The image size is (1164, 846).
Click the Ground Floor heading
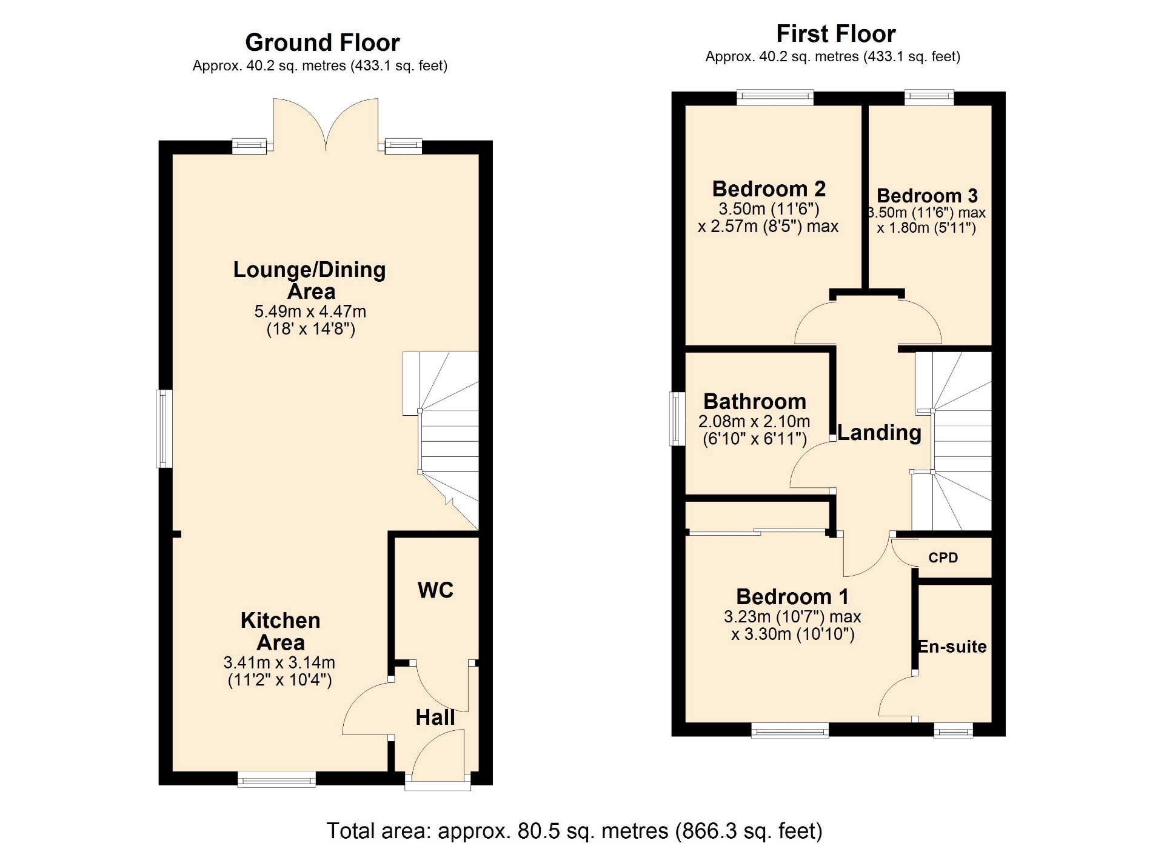click(x=323, y=42)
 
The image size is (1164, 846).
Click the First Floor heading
click(x=836, y=33)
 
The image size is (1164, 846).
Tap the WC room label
click(x=435, y=590)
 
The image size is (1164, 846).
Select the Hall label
click(x=435, y=717)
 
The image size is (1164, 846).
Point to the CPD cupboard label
click(x=943, y=558)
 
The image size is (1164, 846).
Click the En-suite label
click(x=952, y=647)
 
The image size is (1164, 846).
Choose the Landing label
click(x=880, y=432)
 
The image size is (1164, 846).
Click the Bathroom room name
click(x=755, y=401)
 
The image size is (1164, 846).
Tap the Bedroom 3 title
click(x=927, y=195)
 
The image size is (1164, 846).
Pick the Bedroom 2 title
click(x=769, y=188)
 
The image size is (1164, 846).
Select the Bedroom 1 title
click(x=792, y=596)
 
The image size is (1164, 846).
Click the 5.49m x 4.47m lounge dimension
click(x=310, y=311)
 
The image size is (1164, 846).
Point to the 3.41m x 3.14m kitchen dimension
click(x=279, y=662)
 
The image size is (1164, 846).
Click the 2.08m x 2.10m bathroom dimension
click(x=754, y=421)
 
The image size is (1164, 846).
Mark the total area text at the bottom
click(x=575, y=830)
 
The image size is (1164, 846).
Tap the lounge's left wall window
click(x=165, y=428)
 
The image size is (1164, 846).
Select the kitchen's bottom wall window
click(x=276, y=779)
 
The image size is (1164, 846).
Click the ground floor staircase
click(x=441, y=439)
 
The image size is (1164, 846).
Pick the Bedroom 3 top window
click(x=929, y=97)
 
